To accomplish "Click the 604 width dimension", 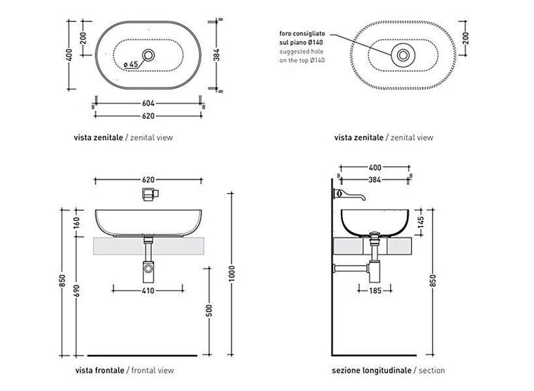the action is tap(148, 103).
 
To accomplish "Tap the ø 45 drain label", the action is tap(131, 64).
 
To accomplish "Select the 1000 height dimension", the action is tap(231, 273).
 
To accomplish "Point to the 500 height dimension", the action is tap(209, 310).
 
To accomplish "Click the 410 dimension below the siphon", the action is tap(148, 291).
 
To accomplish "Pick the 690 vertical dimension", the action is tap(77, 291).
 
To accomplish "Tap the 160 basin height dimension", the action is tap(77, 223).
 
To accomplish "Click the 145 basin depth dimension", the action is tap(421, 222).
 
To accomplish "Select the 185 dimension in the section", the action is tap(375, 291).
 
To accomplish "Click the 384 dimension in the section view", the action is tap(374, 180).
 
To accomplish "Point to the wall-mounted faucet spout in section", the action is tap(349, 195).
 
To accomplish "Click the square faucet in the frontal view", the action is tap(151, 194).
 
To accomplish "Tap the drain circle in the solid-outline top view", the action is tap(148, 55).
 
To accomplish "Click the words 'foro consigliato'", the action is tap(302, 33).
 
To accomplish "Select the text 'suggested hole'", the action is tap(301, 51).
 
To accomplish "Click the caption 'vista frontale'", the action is tap(100, 370).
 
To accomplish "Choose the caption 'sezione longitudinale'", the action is tap(372, 370).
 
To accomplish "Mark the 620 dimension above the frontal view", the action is tap(148, 180).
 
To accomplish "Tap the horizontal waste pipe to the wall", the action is tap(351, 268).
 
